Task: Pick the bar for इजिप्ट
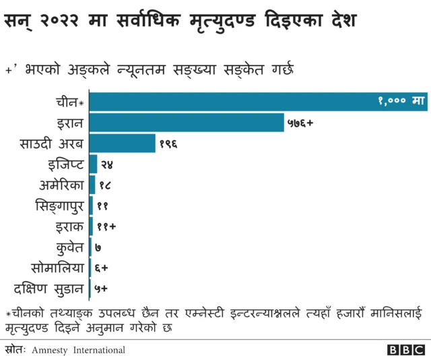(93, 164)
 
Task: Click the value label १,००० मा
(400, 102)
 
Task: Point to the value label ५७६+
(301, 123)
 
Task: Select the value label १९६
(168, 144)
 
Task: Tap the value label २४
(106, 164)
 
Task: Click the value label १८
(105, 185)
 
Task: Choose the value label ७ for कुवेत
(98, 248)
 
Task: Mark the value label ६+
(102, 268)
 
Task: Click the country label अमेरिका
(62, 185)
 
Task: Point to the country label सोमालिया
(58, 268)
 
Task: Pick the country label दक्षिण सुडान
(51, 289)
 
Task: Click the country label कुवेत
(69, 247)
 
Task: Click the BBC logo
(407, 350)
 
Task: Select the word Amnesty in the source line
(50, 350)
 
